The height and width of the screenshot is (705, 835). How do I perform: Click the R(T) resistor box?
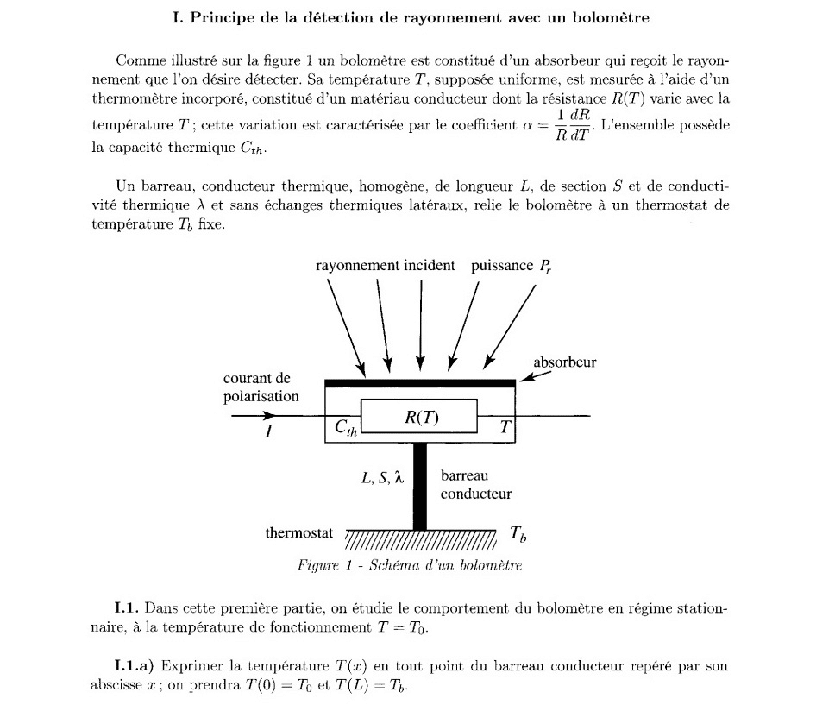click(x=419, y=416)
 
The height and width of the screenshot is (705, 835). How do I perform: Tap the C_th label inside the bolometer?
click(x=344, y=428)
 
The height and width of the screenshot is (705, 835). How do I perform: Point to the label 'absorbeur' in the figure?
click(x=564, y=362)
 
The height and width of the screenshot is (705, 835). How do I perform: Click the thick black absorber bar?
click(x=419, y=383)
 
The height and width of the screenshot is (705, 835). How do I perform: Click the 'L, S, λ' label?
click(x=382, y=476)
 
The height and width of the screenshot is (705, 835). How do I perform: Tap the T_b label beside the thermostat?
click(x=518, y=534)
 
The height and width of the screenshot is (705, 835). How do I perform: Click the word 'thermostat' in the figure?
click(x=298, y=533)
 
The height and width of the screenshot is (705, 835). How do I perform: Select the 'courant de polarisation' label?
click(x=261, y=387)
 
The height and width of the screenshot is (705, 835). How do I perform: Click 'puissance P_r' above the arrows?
click(x=511, y=266)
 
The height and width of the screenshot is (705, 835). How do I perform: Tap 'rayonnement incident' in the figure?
click(x=385, y=265)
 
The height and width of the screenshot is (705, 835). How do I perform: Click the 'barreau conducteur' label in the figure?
click(x=475, y=484)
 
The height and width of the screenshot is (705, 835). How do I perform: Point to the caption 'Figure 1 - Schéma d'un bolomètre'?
click(x=410, y=566)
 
